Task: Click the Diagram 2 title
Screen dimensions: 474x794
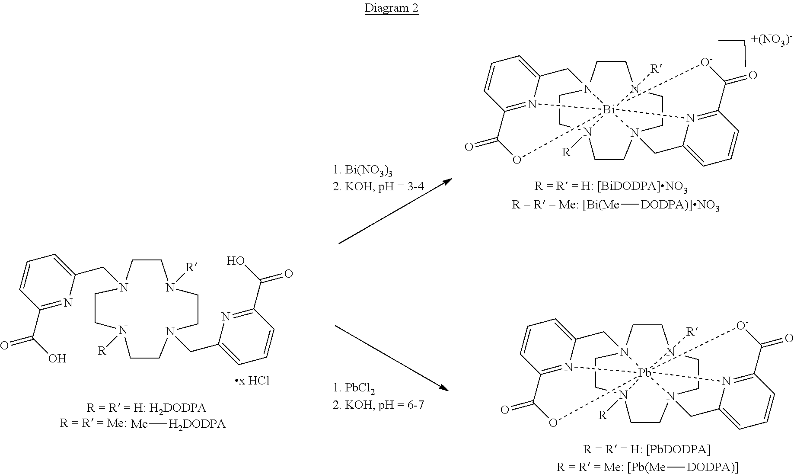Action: point(392,8)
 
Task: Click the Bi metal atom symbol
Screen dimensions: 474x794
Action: point(609,110)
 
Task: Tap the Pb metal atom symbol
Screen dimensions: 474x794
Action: point(645,372)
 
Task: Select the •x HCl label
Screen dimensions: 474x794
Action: point(252,381)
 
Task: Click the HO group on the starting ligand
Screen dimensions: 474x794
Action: point(236,261)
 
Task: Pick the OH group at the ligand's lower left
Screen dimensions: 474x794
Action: point(57,358)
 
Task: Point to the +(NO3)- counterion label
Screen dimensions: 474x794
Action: point(772,41)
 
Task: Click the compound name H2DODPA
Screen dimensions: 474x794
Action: point(182,407)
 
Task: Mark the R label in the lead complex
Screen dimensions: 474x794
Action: point(602,416)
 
